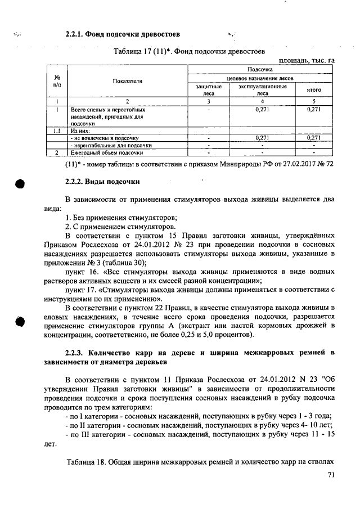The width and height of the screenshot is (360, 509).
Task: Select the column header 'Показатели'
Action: click(x=128, y=81)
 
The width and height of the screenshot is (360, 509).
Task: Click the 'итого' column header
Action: click(x=313, y=90)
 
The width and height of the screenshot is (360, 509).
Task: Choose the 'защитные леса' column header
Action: click(x=209, y=90)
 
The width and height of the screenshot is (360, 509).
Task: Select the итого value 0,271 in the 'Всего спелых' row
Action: click(x=313, y=110)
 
